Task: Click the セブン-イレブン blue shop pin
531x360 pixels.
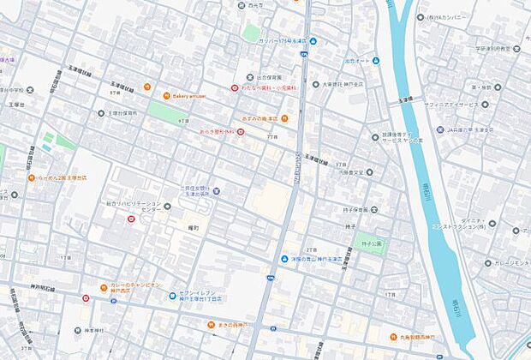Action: coord(172,297)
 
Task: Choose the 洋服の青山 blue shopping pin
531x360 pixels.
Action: coord(284,260)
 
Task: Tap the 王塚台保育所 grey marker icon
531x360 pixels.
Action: coord(100,113)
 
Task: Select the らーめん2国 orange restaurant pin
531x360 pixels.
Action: coord(32,178)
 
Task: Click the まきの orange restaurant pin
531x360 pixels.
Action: coord(210,325)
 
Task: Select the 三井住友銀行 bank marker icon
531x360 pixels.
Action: coord(216,191)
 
